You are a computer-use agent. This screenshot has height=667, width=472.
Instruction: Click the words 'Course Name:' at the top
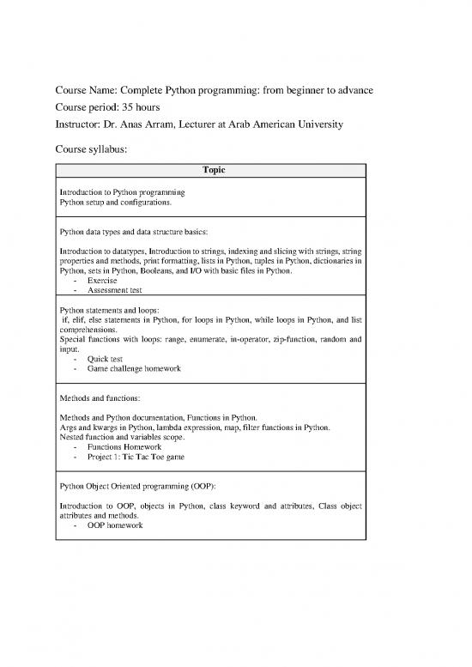click(x=87, y=92)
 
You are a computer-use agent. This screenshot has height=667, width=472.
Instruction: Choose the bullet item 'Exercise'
click(x=102, y=281)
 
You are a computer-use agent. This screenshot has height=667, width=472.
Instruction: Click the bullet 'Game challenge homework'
click(x=133, y=368)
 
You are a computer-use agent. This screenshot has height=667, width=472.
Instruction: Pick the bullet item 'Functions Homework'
click(x=124, y=446)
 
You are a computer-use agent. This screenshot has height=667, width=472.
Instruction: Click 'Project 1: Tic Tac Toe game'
click(x=136, y=457)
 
